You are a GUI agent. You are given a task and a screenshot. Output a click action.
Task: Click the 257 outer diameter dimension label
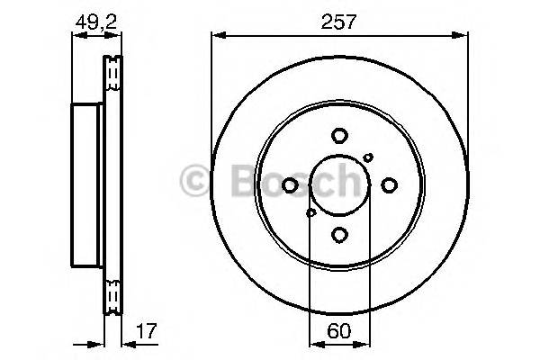[x=338, y=20]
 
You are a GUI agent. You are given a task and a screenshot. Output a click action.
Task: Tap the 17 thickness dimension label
[x=144, y=330]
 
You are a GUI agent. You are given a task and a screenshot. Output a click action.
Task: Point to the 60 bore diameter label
[x=338, y=330]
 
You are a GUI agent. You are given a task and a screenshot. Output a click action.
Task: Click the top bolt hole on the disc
[x=339, y=137]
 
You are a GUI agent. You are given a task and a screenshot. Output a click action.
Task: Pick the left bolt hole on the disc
[x=290, y=185]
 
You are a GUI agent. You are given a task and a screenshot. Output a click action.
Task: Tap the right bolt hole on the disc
[x=388, y=185]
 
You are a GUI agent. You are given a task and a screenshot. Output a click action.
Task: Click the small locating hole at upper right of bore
[x=368, y=157]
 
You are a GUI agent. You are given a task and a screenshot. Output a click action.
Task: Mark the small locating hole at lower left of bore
[x=310, y=213]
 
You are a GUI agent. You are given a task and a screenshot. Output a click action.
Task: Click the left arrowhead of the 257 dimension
[x=217, y=36]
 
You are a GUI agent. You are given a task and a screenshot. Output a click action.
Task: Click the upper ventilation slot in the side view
[x=113, y=75]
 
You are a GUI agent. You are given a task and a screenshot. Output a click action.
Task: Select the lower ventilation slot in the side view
[x=113, y=295]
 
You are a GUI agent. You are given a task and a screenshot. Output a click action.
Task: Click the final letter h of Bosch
[x=344, y=179]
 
